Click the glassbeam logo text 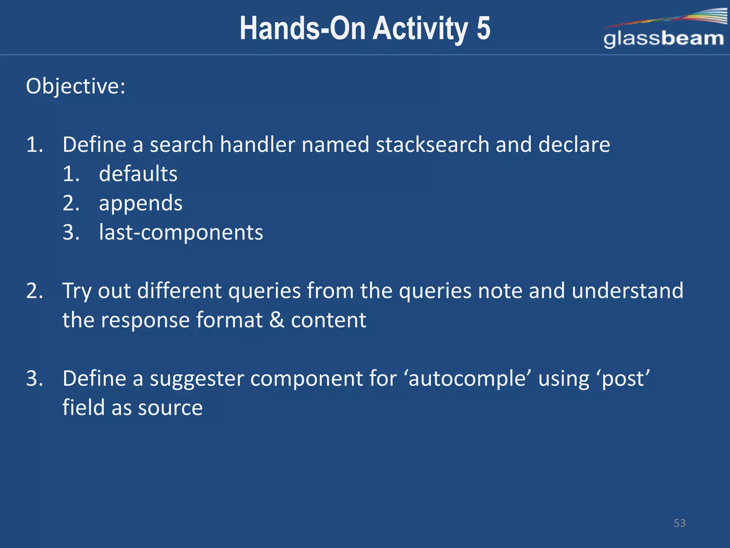(x=663, y=39)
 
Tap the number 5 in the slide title (x=483, y=29)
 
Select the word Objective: (x=76, y=87)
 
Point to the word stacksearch (x=432, y=144)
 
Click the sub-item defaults (x=138, y=174)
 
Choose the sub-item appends (x=140, y=204)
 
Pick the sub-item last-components (x=181, y=232)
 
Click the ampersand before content (x=277, y=320)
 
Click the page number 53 (x=679, y=523)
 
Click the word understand (x=628, y=291)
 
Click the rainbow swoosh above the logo (x=677, y=18)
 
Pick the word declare (x=574, y=144)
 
